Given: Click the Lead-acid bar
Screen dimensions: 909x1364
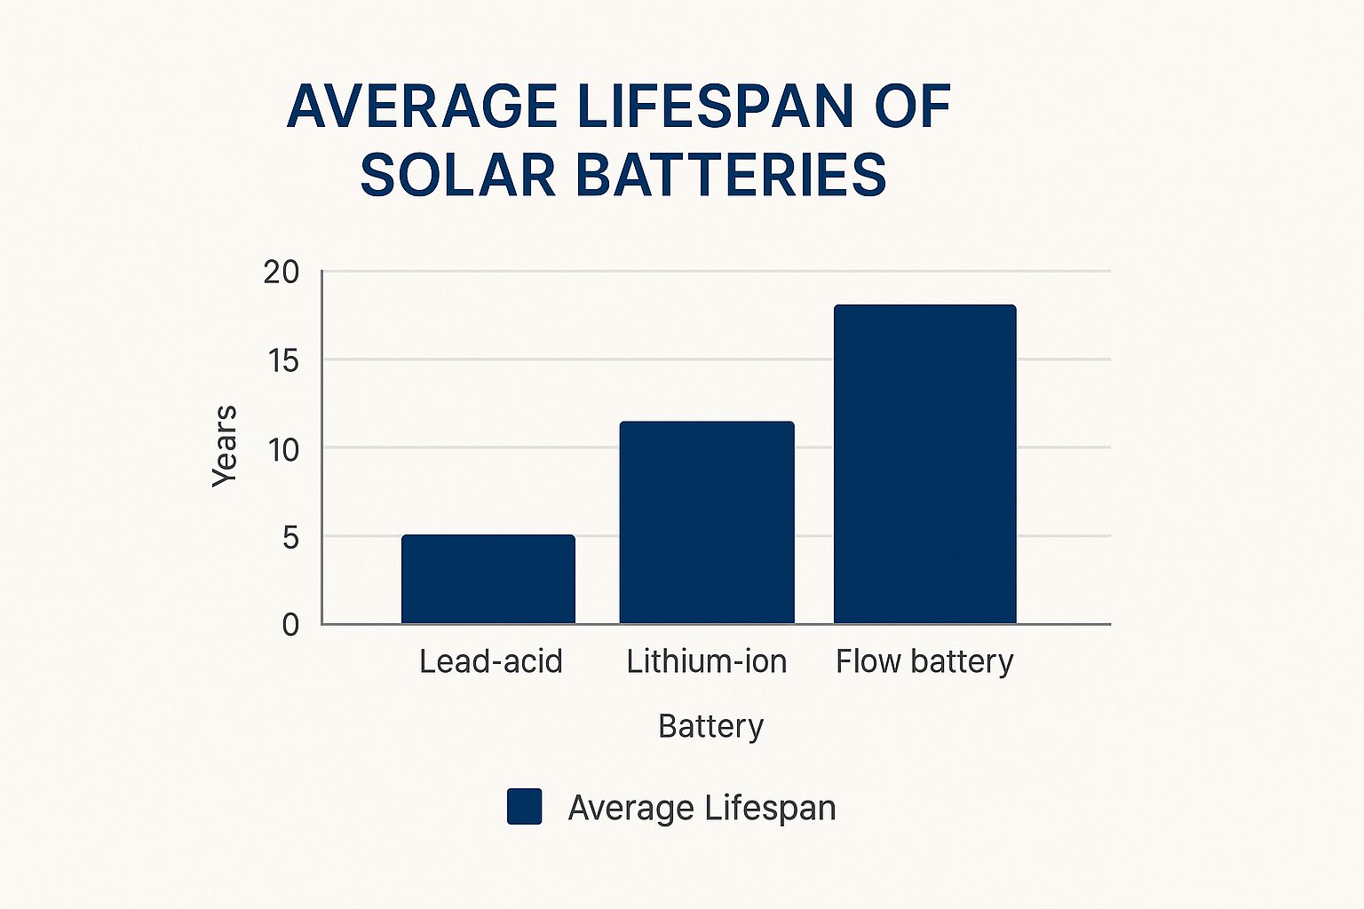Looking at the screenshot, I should click(488, 579).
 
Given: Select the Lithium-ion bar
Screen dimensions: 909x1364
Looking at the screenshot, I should click(707, 522).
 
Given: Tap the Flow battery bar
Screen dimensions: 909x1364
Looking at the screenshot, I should click(924, 464).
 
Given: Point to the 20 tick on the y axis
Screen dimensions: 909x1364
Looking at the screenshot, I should click(282, 273).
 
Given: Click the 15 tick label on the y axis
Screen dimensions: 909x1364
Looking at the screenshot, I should click(282, 361).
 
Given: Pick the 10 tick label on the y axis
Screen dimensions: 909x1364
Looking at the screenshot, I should click(283, 450).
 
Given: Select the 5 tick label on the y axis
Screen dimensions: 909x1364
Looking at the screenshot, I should click(290, 538).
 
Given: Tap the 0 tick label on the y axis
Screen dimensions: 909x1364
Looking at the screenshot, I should click(290, 626).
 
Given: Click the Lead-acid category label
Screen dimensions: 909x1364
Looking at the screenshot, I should click(490, 661).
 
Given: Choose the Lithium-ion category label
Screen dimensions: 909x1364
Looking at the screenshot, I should click(706, 661).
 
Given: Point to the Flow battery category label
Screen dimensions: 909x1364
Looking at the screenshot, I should click(924, 661).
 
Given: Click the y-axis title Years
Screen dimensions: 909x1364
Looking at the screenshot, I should click(225, 446).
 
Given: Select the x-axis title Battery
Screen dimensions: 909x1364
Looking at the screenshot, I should click(710, 726).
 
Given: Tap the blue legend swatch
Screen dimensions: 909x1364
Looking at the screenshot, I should click(524, 807).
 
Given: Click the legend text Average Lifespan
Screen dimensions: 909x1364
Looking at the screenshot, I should click(702, 808).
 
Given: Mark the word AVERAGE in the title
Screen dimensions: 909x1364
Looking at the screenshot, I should click(422, 107).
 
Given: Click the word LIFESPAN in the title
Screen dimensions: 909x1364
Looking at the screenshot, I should click(715, 107).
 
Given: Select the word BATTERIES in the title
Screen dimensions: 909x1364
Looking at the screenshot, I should click(731, 175).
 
